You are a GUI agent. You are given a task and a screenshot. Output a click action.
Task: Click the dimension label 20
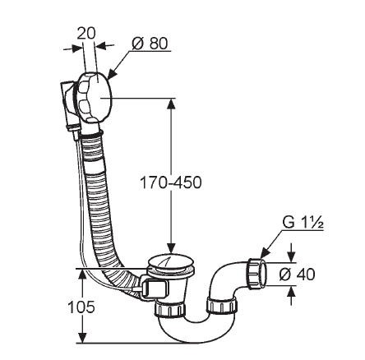[86, 33]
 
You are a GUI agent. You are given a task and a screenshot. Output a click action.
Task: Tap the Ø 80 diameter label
[150, 44]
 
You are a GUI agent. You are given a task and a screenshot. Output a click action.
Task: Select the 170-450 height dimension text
[171, 182]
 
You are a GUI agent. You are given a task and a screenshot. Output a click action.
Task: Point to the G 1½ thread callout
[303, 223]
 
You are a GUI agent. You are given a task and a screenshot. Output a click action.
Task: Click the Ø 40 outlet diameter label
[297, 274]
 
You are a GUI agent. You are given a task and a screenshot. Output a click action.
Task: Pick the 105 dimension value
[81, 307]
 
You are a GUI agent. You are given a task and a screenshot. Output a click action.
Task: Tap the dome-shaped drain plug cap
[170, 263]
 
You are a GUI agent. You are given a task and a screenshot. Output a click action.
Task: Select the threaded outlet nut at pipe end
[257, 274]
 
